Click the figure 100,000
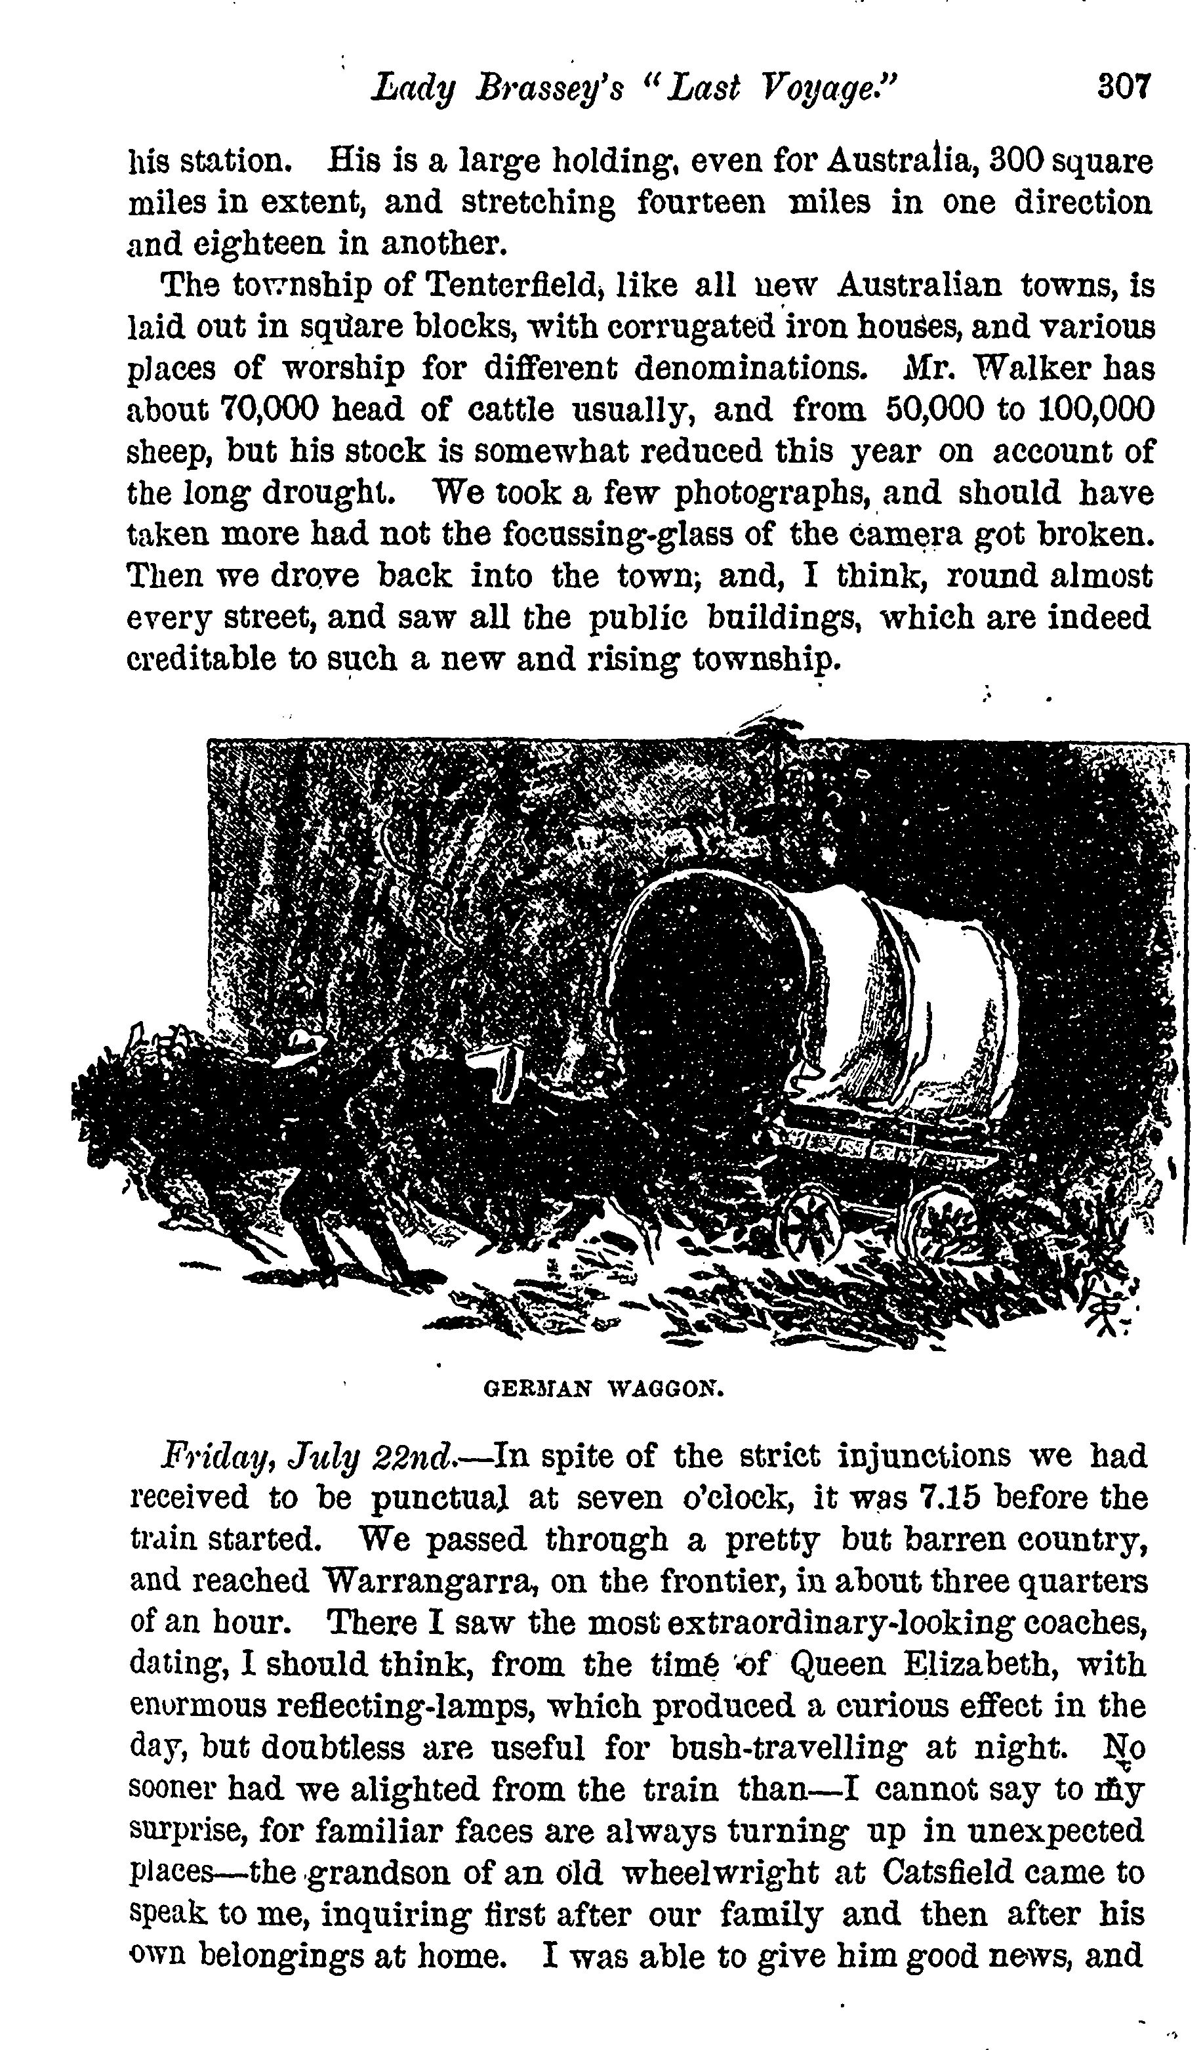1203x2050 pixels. pyautogui.click(x=1095, y=408)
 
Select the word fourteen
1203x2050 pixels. pyautogui.click(x=701, y=201)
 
